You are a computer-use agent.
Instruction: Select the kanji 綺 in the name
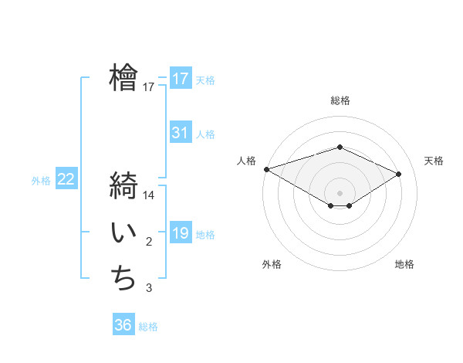pos(124,188)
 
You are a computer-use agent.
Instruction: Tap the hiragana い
pos(124,234)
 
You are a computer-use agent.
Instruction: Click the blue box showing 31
pos(180,133)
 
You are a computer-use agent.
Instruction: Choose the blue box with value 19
pos(180,233)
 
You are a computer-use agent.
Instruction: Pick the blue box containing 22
pos(66,179)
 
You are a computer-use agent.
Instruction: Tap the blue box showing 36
pos(123,325)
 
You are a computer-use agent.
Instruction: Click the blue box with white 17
pos(180,79)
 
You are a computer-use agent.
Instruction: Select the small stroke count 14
pos(149,195)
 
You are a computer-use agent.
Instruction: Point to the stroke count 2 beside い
pos(149,243)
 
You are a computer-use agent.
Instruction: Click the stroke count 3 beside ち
pos(149,288)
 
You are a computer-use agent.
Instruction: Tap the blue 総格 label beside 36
pos(148,327)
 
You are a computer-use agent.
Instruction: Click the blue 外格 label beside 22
pos(41,181)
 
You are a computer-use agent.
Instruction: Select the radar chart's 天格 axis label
pos(434,161)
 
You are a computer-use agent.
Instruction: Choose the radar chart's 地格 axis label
pos(404,264)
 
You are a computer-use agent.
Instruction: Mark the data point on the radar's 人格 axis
pos(266,168)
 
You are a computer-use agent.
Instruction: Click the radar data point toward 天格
pos(399,173)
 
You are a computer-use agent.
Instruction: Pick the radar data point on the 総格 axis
pos(340,147)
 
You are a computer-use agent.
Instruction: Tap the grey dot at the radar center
pos(340,192)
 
